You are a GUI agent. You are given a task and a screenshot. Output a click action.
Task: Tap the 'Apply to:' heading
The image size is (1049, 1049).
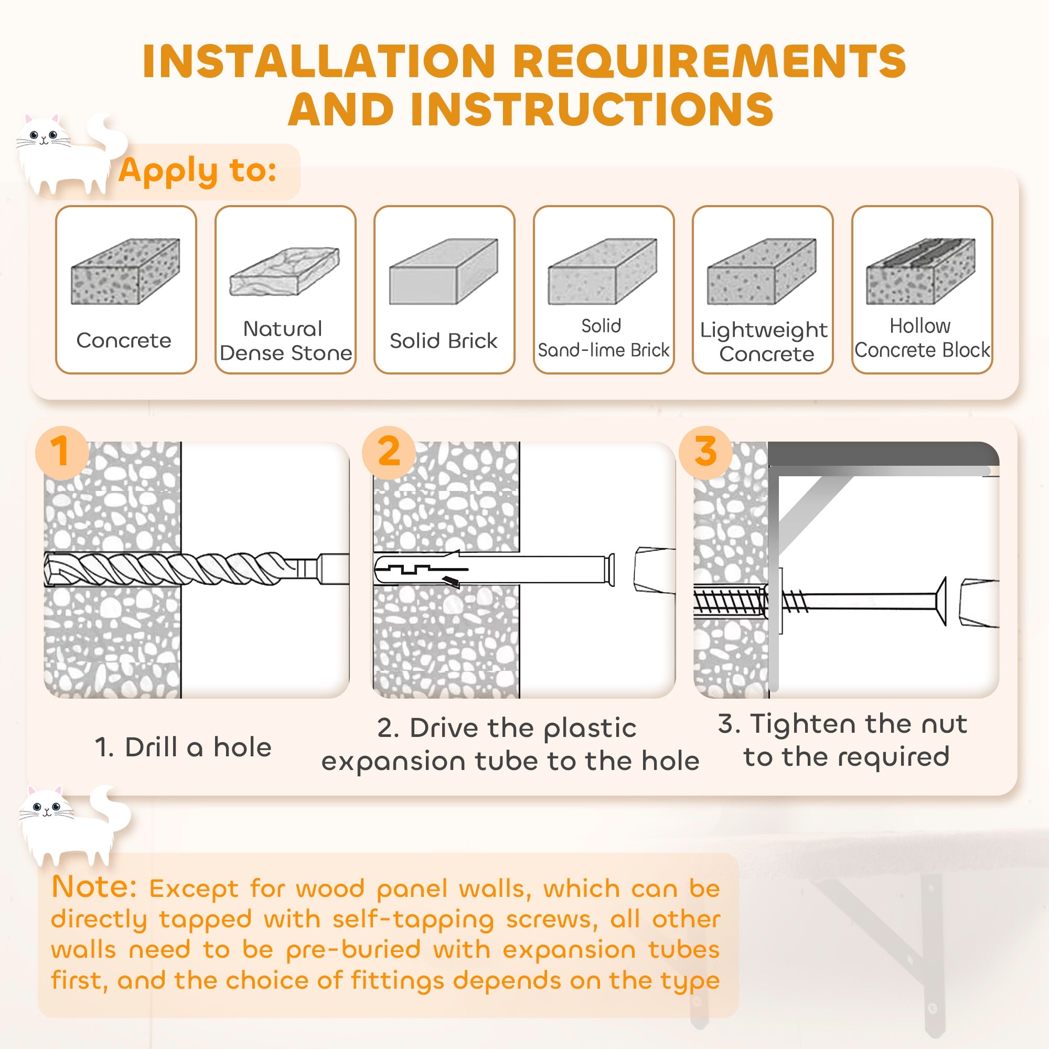coord(198,170)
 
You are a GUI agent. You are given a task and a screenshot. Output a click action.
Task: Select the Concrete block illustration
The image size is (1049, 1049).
coord(125,272)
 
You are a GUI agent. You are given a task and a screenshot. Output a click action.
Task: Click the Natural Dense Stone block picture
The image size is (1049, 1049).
coord(284,272)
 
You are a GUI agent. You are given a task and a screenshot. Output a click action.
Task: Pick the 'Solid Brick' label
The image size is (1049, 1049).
coord(443,341)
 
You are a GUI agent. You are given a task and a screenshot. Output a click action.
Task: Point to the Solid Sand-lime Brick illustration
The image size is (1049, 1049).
coord(603,272)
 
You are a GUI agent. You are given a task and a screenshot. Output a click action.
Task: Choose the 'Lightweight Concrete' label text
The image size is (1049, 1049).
coord(763,341)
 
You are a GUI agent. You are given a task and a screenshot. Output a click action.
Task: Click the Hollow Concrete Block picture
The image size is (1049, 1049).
coord(921,272)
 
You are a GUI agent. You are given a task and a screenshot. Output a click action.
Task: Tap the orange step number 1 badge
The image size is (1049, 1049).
coord(61,452)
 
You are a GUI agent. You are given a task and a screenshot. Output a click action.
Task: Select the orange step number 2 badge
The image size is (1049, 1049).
coord(389,452)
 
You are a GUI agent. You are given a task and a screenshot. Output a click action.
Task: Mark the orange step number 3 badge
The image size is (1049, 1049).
coord(705,452)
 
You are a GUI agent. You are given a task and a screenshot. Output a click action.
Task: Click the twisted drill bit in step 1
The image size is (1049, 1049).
coord(179,569)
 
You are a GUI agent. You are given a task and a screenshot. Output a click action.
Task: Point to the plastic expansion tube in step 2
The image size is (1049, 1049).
coord(489,569)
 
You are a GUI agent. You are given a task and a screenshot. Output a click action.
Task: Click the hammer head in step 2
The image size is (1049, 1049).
coord(654,570)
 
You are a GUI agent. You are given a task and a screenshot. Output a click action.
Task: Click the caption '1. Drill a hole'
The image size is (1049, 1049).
coord(183,747)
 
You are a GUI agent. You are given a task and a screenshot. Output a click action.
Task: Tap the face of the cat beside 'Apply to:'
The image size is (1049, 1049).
coord(44,137)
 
